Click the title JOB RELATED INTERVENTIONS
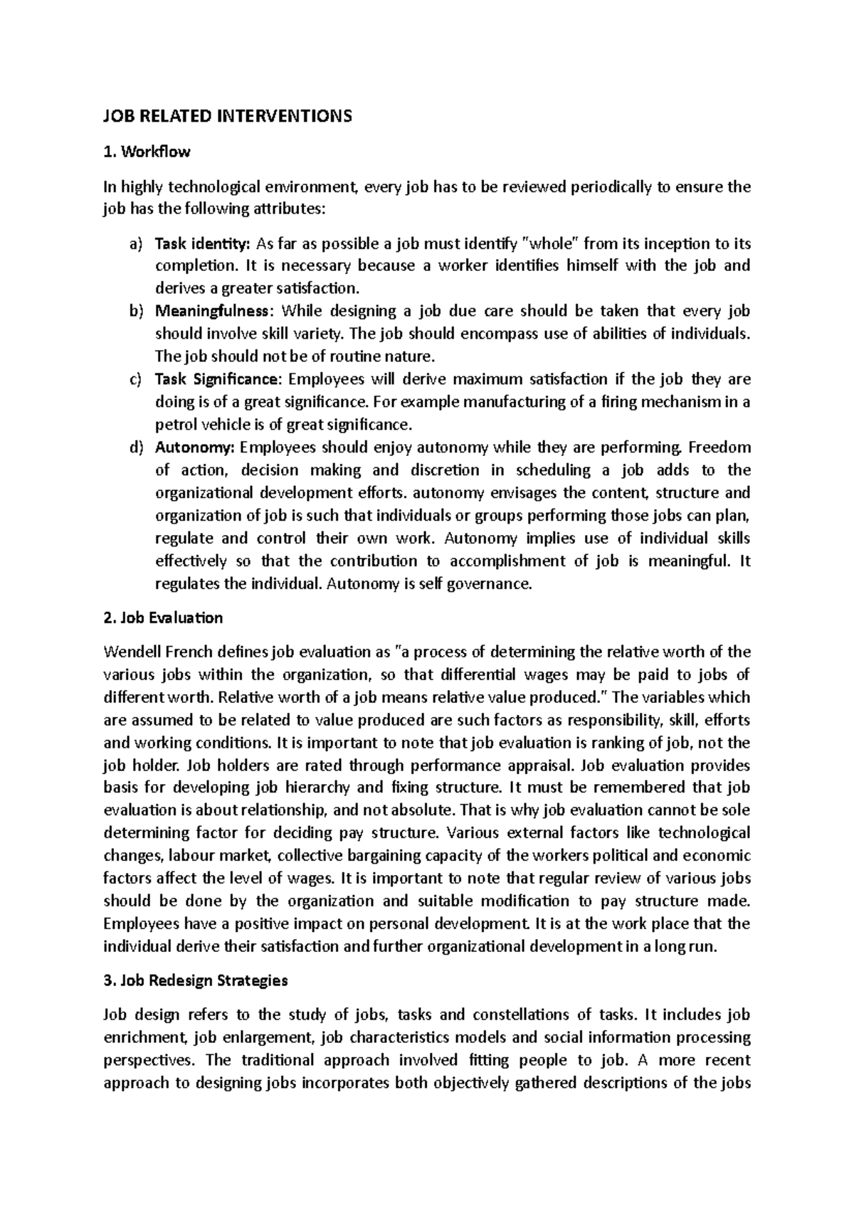coord(228,116)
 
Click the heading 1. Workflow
coord(147,152)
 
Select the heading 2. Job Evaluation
coord(163,618)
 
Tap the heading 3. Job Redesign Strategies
coord(196,980)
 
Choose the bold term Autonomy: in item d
coord(194,447)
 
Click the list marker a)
coord(135,244)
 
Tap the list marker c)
coord(135,379)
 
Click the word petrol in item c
coord(175,425)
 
